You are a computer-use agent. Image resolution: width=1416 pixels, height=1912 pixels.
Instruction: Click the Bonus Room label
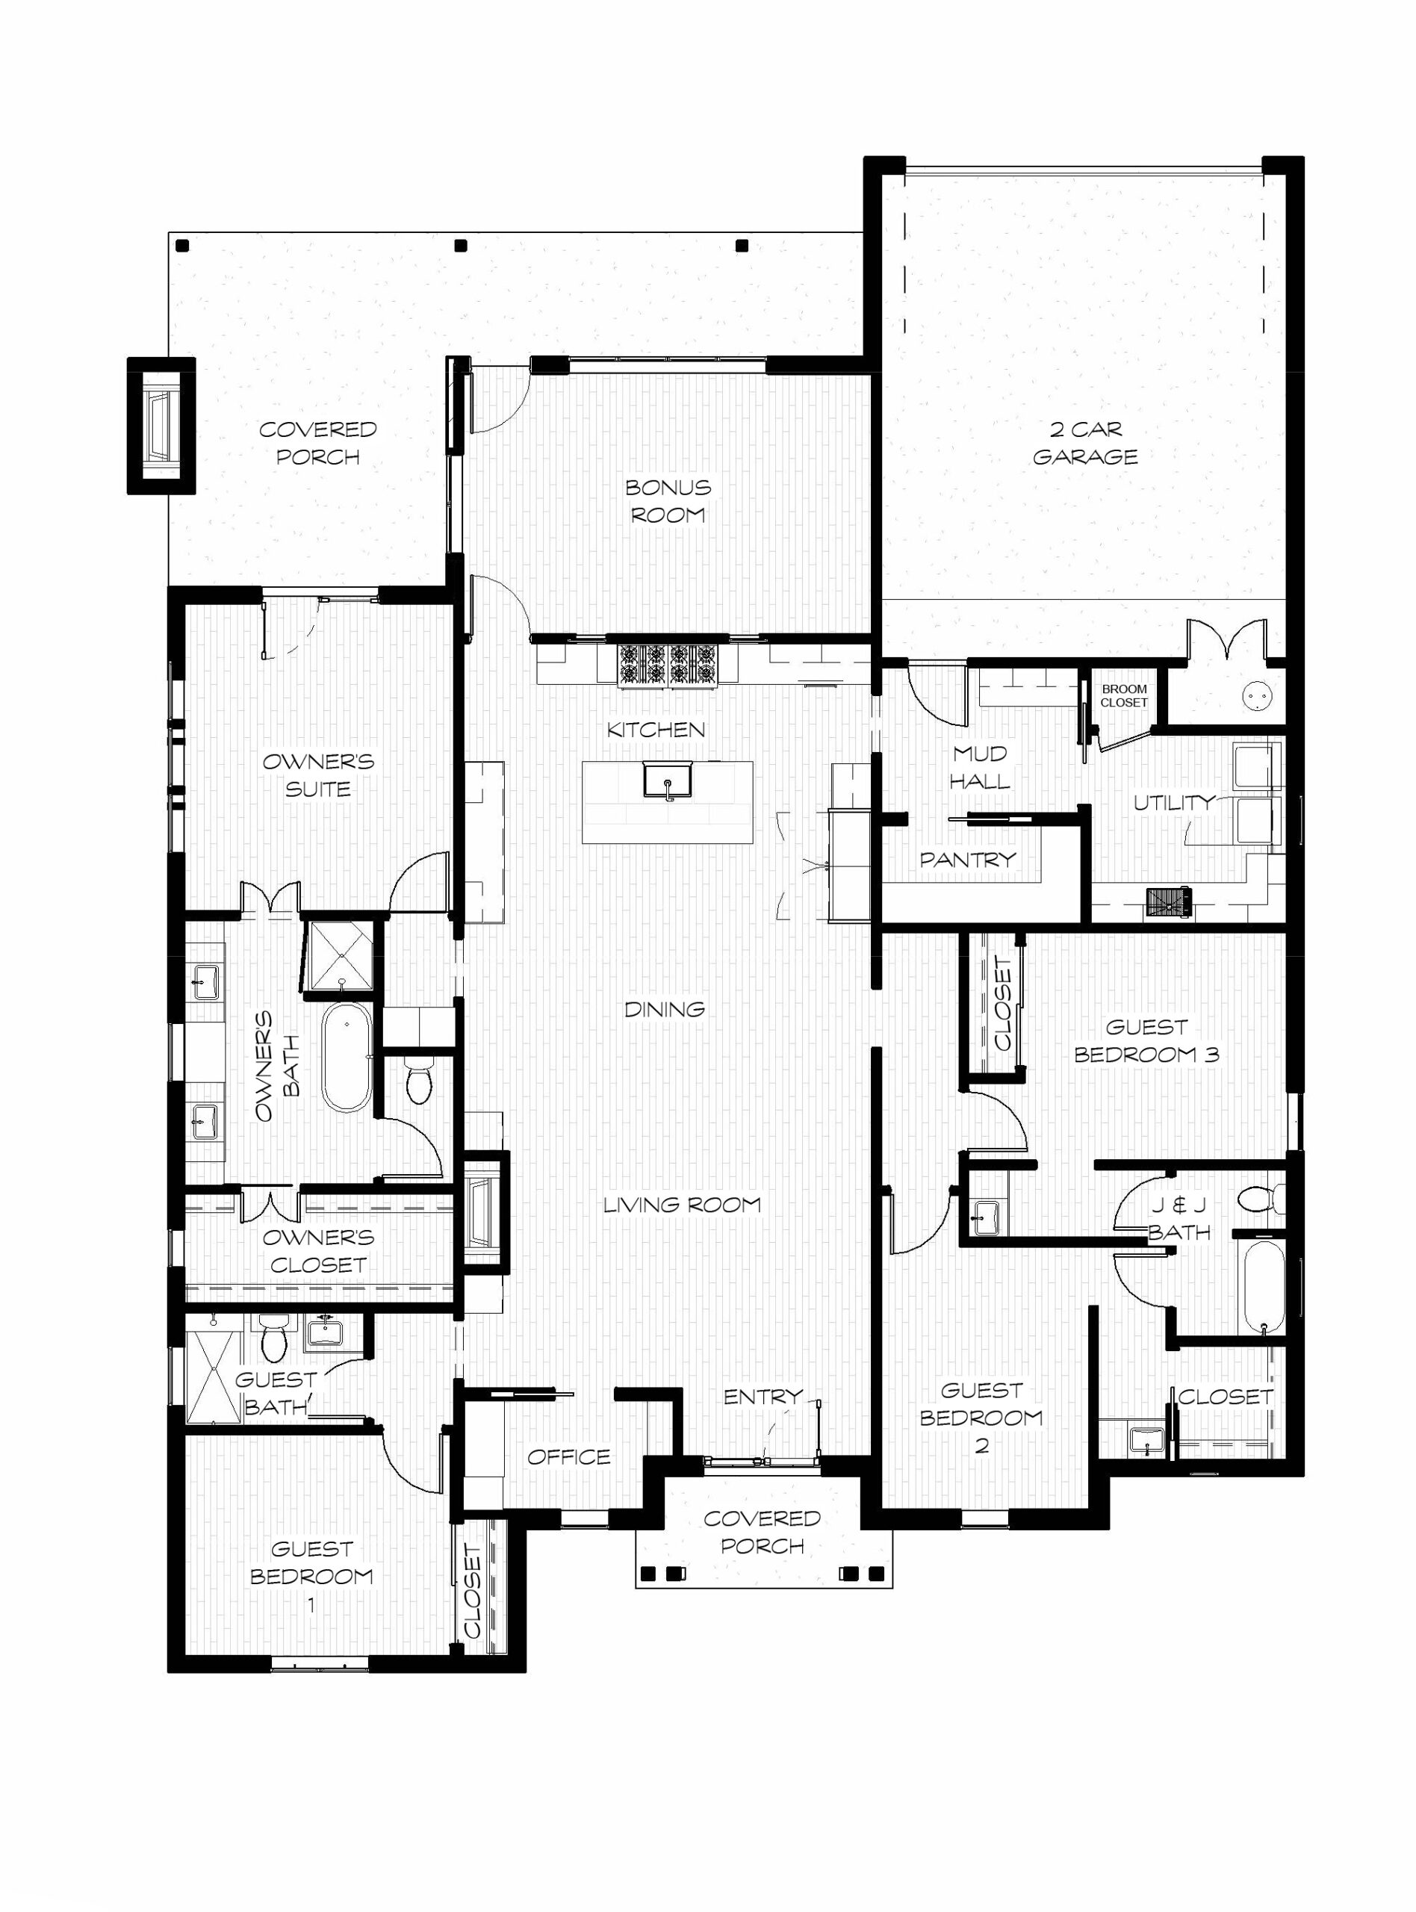[668, 501]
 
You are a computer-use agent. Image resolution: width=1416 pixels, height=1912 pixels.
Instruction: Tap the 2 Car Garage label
[1085, 442]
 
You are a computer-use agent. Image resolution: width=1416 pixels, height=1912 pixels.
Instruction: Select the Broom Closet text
[1124, 696]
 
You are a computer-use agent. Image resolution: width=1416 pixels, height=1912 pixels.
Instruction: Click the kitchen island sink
[668, 779]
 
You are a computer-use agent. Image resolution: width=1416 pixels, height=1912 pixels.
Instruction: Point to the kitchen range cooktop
[667, 665]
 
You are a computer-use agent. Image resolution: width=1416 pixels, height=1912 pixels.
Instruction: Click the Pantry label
[968, 859]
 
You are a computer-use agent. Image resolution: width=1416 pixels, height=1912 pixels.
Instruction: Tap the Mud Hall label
[980, 767]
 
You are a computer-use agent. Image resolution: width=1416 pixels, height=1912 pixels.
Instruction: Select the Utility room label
[1173, 802]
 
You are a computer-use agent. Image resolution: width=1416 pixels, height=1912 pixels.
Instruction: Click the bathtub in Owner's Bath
[347, 1058]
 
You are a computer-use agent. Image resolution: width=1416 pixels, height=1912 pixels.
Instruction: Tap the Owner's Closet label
[318, 1250]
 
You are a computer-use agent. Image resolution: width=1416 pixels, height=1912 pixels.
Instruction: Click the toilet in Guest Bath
[274, 1338]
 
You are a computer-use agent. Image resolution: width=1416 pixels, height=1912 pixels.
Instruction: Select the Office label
[569, 1456]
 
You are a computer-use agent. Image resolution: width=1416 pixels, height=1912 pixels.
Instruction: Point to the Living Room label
[683, 1204]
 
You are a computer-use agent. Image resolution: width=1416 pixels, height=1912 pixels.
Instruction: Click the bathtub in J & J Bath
[1264, 1288]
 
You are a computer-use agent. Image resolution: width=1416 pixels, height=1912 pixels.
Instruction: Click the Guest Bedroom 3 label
[1146, 1040]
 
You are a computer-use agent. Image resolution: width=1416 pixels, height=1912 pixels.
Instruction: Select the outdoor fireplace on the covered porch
[161, 425]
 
